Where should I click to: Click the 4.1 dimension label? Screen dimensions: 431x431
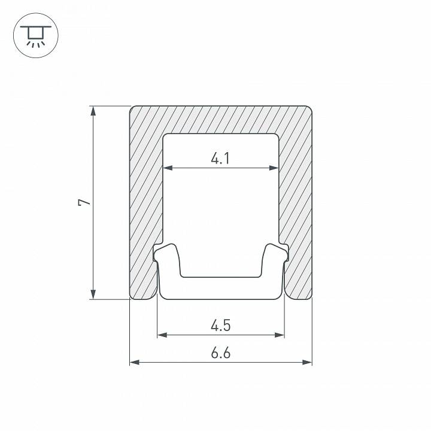click(x=220, y=159)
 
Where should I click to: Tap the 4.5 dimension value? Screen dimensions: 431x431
click(x=221, y=326)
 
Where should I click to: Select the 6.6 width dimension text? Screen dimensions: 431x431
click(x=221, y=353)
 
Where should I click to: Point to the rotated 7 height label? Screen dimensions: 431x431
click(x=84, y=202)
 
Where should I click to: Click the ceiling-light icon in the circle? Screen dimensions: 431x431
click(x=36, y=35)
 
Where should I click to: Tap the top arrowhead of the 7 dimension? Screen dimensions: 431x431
click(x=93, y=111)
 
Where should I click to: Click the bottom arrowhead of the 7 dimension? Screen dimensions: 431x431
click(x=93, y=294)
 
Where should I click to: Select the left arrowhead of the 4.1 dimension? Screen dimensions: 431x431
click(x=168, y=168)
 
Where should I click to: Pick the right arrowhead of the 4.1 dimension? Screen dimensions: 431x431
click(x=274, y=168)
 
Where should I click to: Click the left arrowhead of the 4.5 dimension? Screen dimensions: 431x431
click(x=162, y=335)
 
